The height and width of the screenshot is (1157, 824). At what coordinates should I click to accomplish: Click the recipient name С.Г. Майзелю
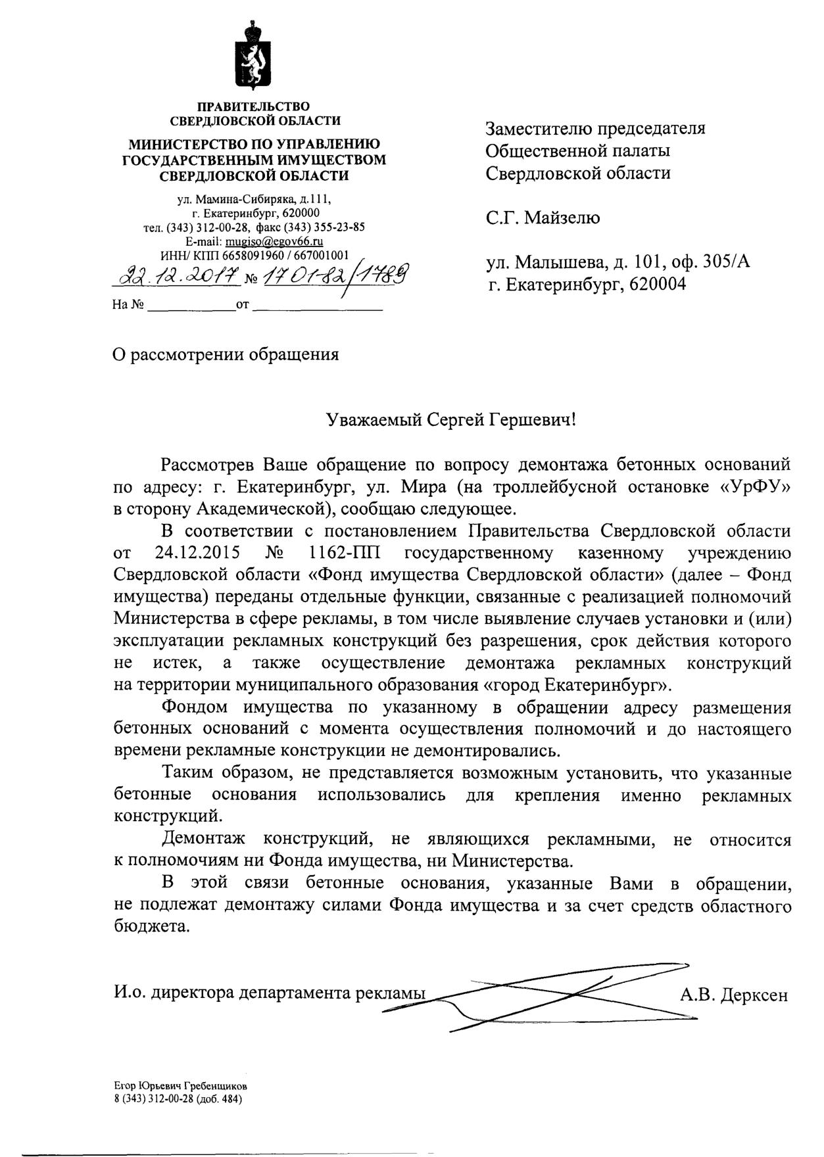543,217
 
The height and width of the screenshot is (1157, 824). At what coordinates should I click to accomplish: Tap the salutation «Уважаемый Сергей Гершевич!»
451,419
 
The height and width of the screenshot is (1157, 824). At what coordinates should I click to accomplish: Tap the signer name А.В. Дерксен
733,995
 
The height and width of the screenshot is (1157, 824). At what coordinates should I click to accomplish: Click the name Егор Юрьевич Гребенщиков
180,1087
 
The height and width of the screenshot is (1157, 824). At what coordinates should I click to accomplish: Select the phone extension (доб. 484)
219,1100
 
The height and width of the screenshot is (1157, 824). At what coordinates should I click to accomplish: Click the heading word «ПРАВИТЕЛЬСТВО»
255,106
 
